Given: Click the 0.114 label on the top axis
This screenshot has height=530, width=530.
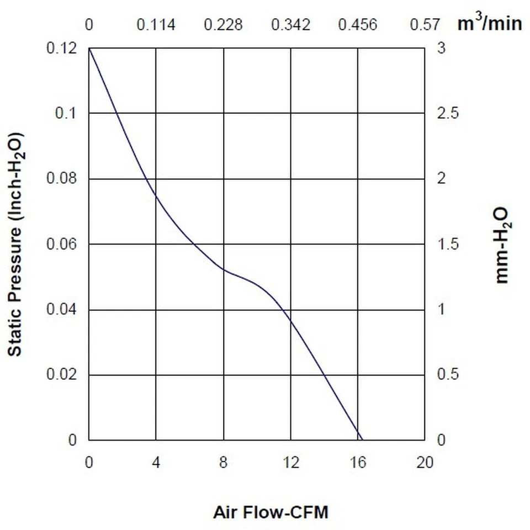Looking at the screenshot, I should coord(156,25).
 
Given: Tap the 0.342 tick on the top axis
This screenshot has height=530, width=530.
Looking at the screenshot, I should coord(290,25).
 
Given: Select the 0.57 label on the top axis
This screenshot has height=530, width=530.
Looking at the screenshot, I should coord(425,25).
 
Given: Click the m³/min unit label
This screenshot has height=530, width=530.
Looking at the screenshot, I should coord(489,23).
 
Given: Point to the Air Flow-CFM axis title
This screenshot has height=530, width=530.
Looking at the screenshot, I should coord(271,512).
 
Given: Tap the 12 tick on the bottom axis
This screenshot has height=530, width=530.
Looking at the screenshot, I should coord(291,462).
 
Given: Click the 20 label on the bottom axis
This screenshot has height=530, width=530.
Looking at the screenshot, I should coord(425,462).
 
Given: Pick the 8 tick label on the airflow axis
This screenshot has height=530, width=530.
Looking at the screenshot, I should coord(223,462).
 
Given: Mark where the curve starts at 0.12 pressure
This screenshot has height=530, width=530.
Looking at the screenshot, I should coord(89,49).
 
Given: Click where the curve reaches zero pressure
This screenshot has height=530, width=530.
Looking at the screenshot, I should coord(361,440).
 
